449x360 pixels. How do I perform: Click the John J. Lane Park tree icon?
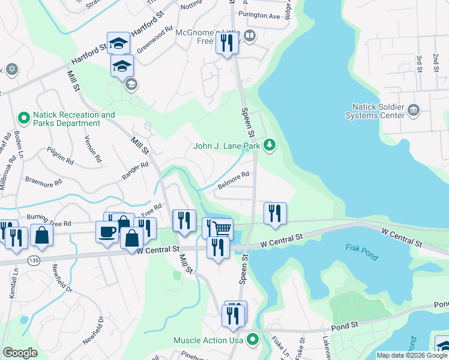click(x=270, y=145)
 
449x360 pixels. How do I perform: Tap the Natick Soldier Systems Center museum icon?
click(x=413, y=110)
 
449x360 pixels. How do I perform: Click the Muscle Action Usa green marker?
click(x=253, y=340)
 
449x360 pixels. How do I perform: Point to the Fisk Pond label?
click(x=362, y=252)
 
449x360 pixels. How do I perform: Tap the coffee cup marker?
click(x=107, y=232)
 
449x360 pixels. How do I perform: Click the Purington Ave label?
click(x=259, y=17)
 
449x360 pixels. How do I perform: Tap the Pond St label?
click(x=345, y=328)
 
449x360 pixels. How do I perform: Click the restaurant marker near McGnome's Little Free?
click(x=227, y=43)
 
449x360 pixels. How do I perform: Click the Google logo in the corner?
click(x=20, y=353)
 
